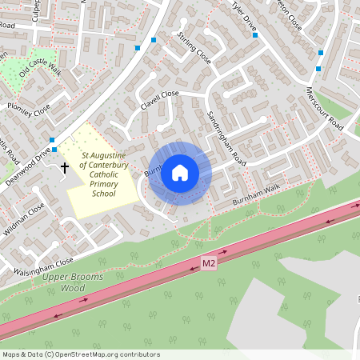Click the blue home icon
pyautogui.click(x=180, y=173)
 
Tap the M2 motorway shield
pyautogui.click(x=209, y=263)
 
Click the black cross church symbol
pyautogui.click(x=65, y=168)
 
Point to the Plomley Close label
pyautogui.click(x=28, y=110)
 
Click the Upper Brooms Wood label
pyautogui.click(x=63, y=282)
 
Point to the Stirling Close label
pyautogui.click(x=194, y=49)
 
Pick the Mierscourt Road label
pyautogui.click(x=324, y=110)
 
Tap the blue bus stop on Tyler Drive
pyautogui.click(x=254, y=35)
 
